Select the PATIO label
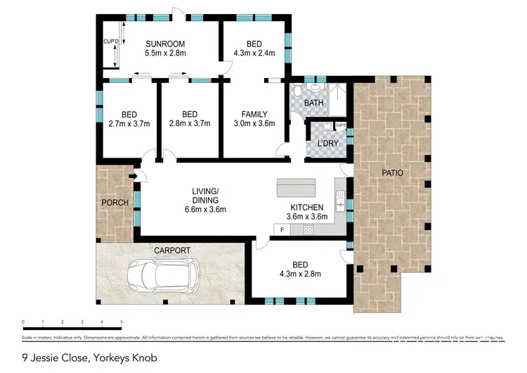pos(392,172)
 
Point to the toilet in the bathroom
pos(297,91)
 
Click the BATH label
pos(313,103)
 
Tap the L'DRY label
pos(328,144)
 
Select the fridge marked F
pos(282,229)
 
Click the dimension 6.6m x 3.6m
pos(206,209)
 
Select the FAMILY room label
pos(254,114)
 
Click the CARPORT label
pos(172,250)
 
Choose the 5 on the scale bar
pos(122,321)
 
